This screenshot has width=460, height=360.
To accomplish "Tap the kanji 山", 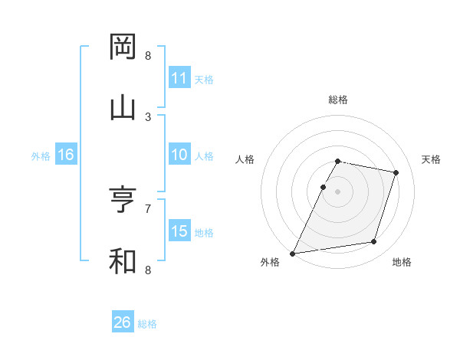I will point(123,108).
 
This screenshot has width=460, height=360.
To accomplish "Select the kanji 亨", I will point(123,200).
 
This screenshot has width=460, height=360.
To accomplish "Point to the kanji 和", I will point(123,260).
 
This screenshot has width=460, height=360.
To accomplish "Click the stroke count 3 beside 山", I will point(148,116).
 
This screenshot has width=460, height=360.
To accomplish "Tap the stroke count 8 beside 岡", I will point(148,56).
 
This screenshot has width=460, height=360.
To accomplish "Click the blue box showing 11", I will point(179,78).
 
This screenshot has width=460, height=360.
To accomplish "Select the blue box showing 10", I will point(179,155).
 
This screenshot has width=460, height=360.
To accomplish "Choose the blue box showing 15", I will point(179,231).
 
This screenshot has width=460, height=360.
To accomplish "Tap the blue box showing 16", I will point(66,155).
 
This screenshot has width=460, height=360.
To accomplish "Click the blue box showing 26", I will point(123,322).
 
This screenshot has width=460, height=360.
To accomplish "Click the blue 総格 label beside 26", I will point(147,324).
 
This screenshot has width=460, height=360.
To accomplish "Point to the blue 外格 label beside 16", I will point(41,156).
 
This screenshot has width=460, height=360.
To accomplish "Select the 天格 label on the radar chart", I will point(432,159).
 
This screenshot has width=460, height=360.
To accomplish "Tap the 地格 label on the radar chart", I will point(402,263).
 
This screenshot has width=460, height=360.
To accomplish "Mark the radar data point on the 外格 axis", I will point(293,254).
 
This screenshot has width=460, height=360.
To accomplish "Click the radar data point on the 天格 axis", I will point(396,172).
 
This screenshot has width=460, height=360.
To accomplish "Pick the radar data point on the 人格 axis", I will point(323,187).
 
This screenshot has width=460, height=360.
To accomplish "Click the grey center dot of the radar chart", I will point(337,191).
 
